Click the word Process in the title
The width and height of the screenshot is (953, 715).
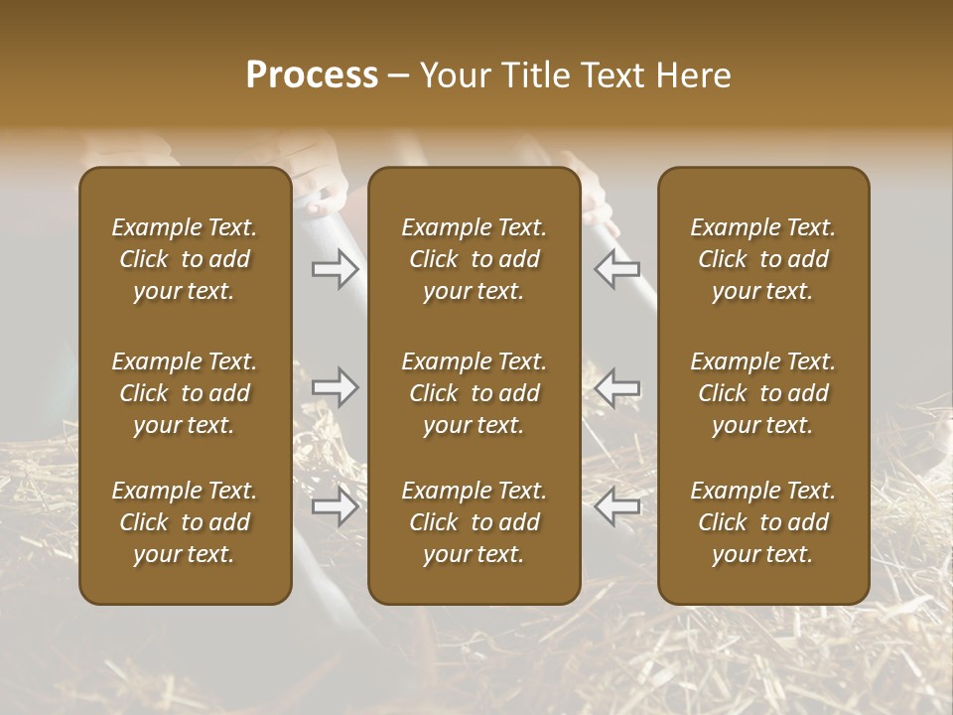click(312, 75)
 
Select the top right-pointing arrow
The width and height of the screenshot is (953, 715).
click(335, 268)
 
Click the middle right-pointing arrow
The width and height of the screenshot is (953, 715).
click(335, 387)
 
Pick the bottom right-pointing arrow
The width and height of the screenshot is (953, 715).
click(335, 506)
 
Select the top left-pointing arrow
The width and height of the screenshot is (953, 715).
click(617, 268)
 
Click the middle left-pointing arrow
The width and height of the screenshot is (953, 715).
click(617, 387)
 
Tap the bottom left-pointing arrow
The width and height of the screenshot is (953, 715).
click(617, 506)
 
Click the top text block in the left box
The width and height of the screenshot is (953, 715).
click(185, 259)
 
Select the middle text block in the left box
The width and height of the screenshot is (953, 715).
click(185, 393)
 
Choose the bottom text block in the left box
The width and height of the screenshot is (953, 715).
click(185, 522)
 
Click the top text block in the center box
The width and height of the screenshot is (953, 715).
click(475, 259)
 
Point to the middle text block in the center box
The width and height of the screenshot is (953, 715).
click(475, 393)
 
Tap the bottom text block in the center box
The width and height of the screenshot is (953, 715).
click(475, 522)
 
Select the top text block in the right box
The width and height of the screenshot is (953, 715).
click(763, 259)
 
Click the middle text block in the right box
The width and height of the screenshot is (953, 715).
click(763, 393)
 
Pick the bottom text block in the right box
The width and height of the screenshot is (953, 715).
click(763, 522)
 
